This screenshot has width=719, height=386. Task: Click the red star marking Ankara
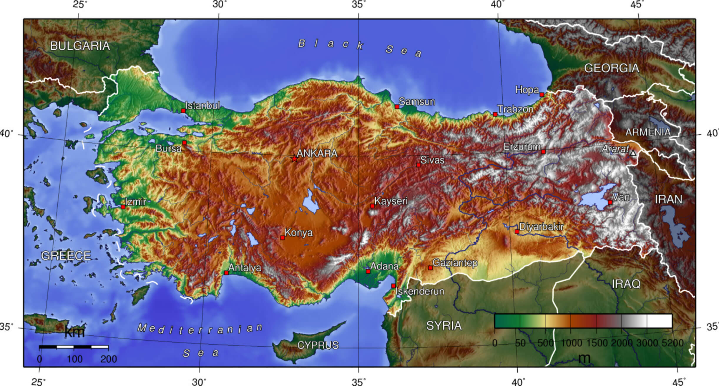294,159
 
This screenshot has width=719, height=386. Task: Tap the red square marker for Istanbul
183,111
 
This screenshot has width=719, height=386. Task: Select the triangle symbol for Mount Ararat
633,153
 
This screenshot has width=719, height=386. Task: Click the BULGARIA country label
80,46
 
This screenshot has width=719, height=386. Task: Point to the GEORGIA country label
612,68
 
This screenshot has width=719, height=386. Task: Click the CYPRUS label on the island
318,345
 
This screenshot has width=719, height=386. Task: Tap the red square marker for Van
610,202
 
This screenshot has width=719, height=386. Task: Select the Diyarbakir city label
541,227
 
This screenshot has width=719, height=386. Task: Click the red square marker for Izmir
123,207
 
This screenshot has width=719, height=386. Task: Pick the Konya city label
298,233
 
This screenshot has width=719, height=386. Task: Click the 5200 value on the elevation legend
672,343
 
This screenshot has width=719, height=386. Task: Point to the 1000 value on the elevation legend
571,343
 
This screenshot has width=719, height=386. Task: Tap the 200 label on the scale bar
109,359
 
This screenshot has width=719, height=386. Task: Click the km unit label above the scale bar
74,332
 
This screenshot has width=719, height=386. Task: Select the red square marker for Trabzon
495,114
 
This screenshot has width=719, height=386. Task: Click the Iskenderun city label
419,291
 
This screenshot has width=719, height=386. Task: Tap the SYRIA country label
444,326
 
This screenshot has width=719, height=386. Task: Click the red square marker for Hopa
542,95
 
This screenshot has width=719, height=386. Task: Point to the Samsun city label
417,102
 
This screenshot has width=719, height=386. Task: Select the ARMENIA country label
648,132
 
